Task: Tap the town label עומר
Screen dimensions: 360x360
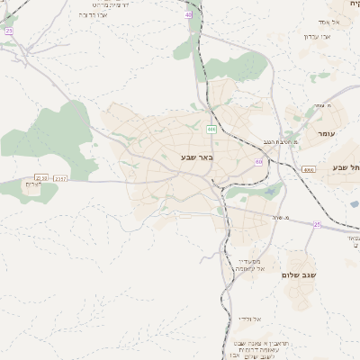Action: click(325, 133)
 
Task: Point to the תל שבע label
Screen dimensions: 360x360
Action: click(346, 167)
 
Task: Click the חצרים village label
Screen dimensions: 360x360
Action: click(32, 184)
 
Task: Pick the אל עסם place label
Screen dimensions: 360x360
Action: click(328, 21)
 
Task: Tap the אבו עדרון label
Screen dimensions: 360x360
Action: click(317, 37)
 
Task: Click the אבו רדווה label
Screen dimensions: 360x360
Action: click(93, 15)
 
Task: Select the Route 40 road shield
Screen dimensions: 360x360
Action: click(188, 15)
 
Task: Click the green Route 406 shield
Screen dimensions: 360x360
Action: click(211, 130)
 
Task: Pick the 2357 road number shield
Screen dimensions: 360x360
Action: click(60, 179)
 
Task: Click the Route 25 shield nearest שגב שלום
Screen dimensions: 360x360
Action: click(317, 224)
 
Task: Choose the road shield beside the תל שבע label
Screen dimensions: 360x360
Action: click(310, 169)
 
